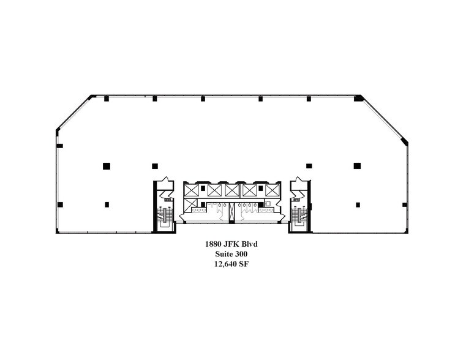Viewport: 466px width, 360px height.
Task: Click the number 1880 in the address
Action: (x=212, y=244)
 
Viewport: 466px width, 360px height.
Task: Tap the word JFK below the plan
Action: (x=230, y=244)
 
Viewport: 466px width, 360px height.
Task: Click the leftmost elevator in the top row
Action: (x=191, y=190)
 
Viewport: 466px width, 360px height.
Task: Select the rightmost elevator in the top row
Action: (x=272, y=190)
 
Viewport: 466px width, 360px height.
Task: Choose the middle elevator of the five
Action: (x=232, y=190)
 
